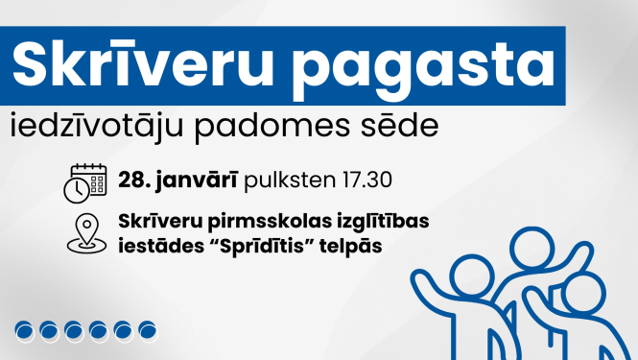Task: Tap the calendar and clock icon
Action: (84, 182)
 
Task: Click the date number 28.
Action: (130, 180)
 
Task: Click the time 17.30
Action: (364, 180)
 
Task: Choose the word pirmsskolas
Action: (266, 222)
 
